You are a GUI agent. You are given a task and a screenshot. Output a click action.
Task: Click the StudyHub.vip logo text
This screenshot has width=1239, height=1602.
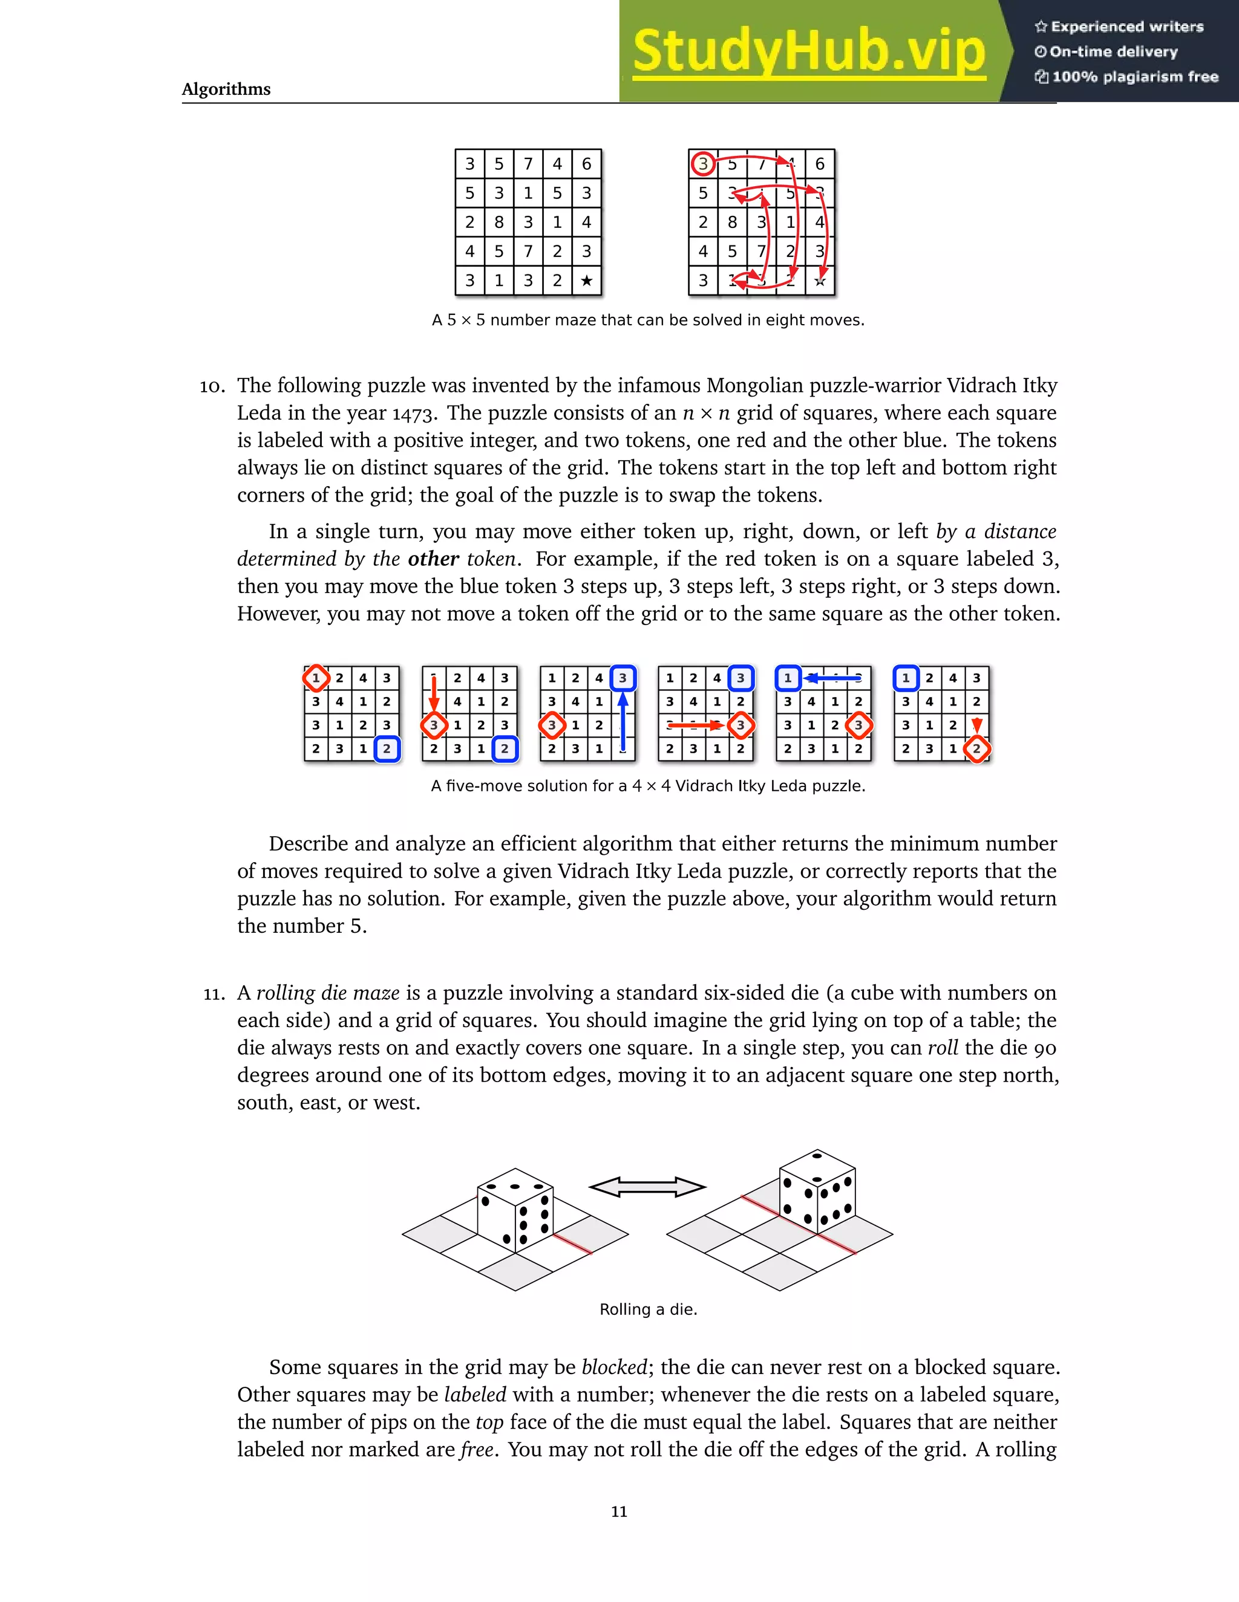pyautogui.click(x=808, y=51)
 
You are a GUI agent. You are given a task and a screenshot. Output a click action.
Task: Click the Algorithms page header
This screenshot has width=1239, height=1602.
pyautogui.click(x=226, y=89)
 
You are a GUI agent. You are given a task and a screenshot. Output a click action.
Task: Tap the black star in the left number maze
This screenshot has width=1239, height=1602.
pyautogui.click(x=586, y=281)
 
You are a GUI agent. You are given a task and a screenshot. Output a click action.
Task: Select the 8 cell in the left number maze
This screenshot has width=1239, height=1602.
pyautogui.click(x=499, y=222)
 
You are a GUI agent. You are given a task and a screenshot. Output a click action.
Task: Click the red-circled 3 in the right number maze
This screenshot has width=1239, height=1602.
pyautogui.click(x=703, y=164)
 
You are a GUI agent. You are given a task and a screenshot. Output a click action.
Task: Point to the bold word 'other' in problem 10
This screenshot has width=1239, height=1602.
pyautogui.click(x=433, y=559)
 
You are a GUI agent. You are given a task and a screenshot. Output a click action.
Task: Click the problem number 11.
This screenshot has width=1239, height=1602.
pyautogui.click(x=214, y=994)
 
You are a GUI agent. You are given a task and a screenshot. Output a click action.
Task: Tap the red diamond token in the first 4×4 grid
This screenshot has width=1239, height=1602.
pyautogui.click(x=316, y=678)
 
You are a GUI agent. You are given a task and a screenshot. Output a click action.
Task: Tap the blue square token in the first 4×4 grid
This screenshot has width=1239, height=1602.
pyautogui.click(x=387, y=749)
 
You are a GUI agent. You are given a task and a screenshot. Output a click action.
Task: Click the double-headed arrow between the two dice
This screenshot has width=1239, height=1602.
pyautogui.click(x=647, y=1187)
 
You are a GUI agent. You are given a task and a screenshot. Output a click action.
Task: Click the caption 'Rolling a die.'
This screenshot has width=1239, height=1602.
pyautogui.click(x=648, y=1309)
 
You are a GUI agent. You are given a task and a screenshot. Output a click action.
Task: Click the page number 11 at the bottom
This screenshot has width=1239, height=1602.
pyautogui.click(x=619, y=1511)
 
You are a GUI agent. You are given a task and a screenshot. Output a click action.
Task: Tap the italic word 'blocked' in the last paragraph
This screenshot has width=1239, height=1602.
pyautogui.click(x=613, y=1367)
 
